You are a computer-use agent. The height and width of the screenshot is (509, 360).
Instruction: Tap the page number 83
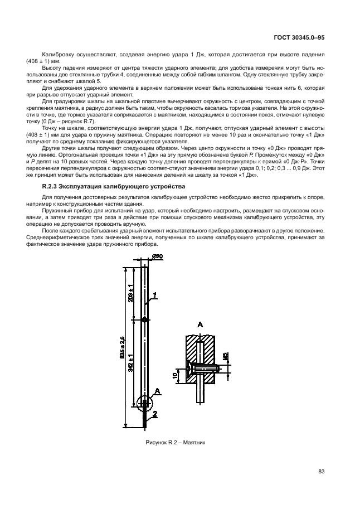321,472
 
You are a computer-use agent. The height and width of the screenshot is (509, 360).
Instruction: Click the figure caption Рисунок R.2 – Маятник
176,444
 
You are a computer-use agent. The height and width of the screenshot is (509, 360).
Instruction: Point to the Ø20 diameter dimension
157,256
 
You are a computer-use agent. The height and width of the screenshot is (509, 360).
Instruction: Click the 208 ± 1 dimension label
130,292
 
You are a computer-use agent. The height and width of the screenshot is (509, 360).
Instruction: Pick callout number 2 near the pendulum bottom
155,413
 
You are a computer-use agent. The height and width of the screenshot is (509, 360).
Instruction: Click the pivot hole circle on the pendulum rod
144,320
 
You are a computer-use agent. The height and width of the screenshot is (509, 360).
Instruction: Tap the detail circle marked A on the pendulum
144,403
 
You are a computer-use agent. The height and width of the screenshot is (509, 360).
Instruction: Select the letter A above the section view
200,324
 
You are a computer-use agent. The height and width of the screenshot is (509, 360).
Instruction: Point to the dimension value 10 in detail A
175,376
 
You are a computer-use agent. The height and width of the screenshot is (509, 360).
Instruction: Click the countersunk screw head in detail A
193,369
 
